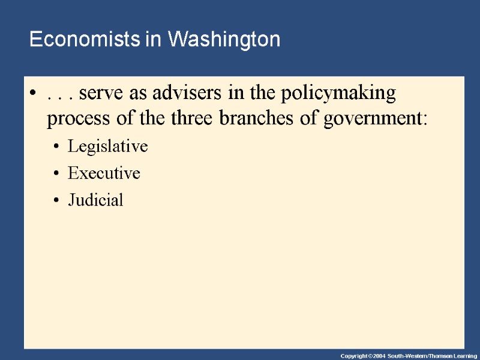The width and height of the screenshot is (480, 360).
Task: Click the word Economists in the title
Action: (x=86, y=40)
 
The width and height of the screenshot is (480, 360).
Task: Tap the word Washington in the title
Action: (x=224, y=40)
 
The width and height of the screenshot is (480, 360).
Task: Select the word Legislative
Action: (x=107, y=146)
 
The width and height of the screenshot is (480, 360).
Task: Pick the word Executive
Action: (x=104, y=173)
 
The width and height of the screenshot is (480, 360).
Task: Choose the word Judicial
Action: (x=95, y=200)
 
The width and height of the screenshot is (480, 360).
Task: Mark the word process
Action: (x=75, y=119)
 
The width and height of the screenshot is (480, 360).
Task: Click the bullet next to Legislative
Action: (x=55, y=147)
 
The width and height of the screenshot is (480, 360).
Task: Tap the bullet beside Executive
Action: (x=55, y=174)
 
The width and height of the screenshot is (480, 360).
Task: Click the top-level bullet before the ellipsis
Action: (x=32, y=94)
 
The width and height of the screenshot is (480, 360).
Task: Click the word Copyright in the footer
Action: (x=355, y=356)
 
